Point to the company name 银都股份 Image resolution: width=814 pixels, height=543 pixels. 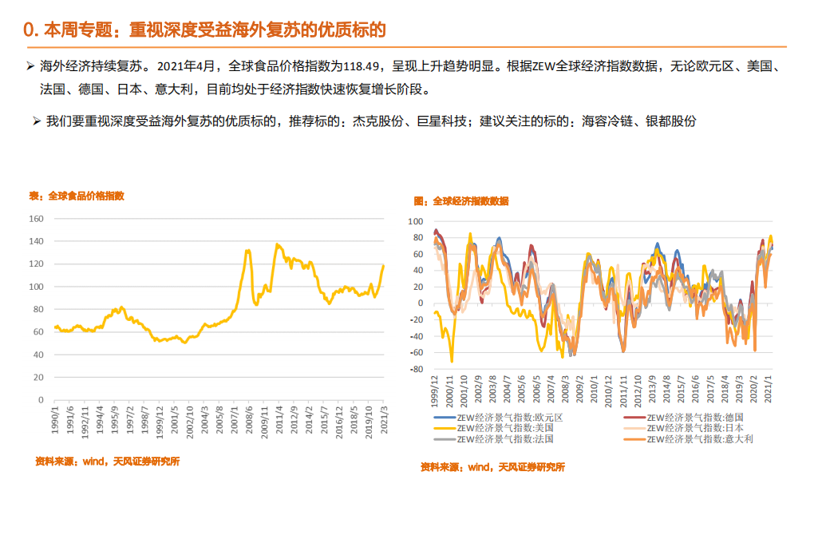(672, 121)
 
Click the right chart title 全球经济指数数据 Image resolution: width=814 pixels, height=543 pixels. (470, 201)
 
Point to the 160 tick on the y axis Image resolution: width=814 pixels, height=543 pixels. (36, 218)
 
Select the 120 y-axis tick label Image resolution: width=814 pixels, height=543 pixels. (36, 264)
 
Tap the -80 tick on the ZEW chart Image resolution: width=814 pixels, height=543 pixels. (415, 369)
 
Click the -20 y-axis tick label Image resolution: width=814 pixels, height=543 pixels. (415, 319)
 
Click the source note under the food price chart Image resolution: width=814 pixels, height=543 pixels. (107, 461)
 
